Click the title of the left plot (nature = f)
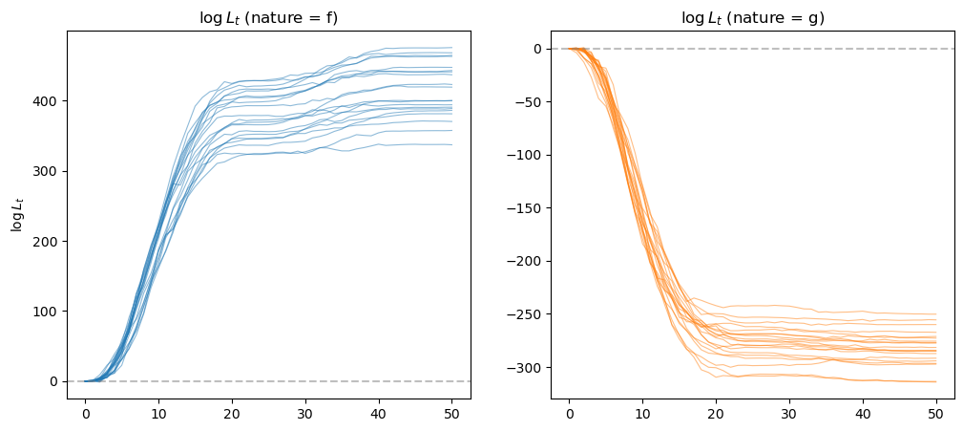(268, 17)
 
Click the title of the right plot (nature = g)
(752, 17)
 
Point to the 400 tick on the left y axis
(48, 100)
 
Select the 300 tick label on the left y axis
(48, 171)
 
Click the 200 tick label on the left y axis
(48, 241)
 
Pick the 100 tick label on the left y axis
(48, 312)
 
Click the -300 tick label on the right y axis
(524, 368)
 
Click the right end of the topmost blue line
(451, 48)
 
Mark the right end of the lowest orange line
(935, 381)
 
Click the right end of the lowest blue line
(451, 144)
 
